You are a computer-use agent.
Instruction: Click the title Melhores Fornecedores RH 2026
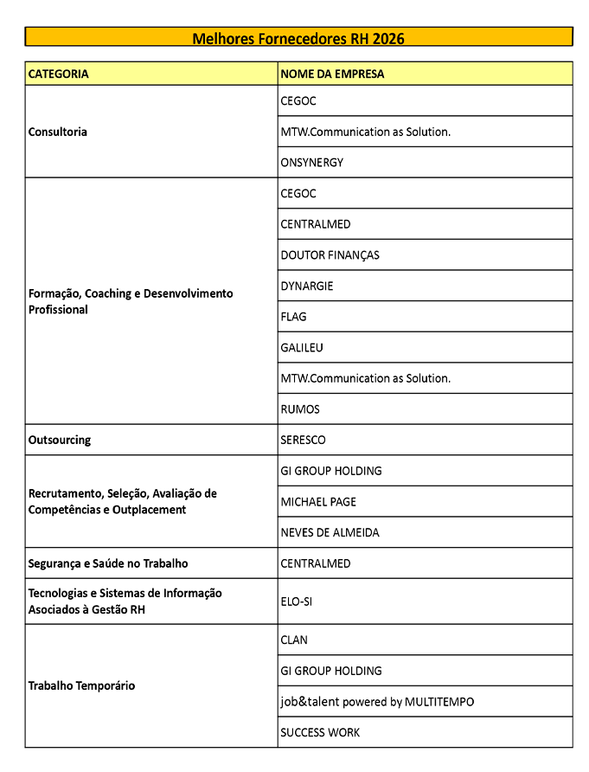coord(298,38)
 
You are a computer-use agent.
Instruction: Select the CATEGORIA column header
coord(59,74)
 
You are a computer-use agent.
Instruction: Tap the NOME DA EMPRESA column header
coord(332,74)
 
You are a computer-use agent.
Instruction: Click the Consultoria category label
coord(58,132)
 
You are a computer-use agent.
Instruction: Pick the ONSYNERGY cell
coord(311,163)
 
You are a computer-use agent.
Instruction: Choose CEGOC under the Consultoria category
coord(298,101)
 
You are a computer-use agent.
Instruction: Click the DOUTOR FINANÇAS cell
coord(330,255)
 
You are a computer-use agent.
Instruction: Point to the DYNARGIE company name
coord(306,286)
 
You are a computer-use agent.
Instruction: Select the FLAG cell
coord(293,317)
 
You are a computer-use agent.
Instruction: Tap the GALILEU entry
coord(303,348)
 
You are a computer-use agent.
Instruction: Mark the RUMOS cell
coord(300,409)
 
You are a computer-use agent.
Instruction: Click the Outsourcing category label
coord(60,441)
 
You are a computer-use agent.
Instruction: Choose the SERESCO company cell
coord(303,441)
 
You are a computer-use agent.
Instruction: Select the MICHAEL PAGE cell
coord(318,502)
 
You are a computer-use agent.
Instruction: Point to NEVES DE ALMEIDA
coord(330,533)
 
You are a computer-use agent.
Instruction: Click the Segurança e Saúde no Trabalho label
coord(108,563)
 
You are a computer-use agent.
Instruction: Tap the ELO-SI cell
coord(296,602)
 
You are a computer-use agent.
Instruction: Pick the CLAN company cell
coord(294,640)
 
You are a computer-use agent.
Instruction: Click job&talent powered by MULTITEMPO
coord(377,702)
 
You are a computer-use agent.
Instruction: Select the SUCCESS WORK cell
coord(320,733)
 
